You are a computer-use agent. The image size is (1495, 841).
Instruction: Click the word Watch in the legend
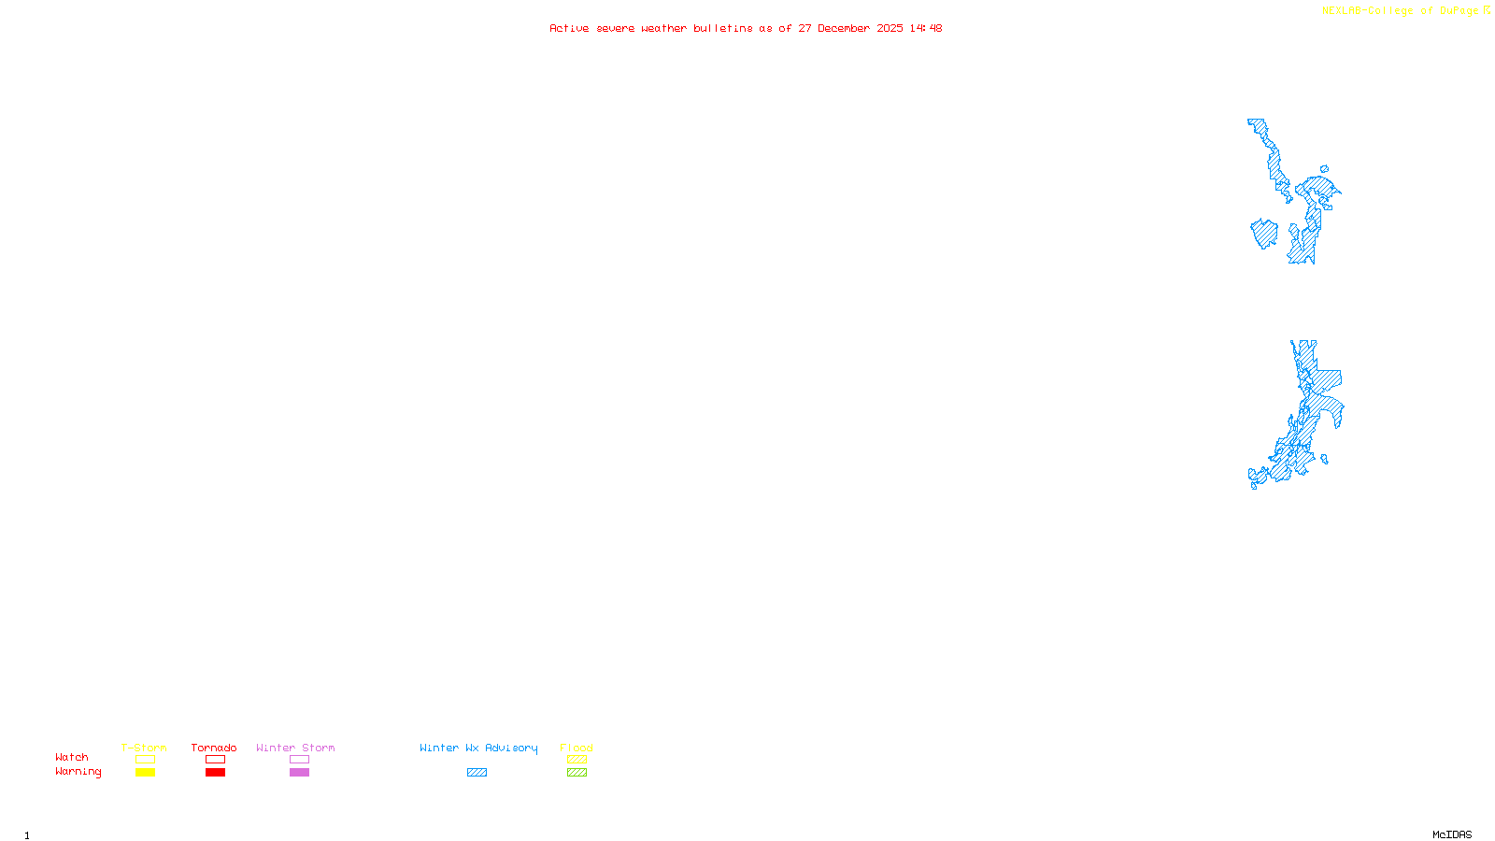coord(72,758)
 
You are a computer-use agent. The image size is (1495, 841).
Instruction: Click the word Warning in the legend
coord(78,772)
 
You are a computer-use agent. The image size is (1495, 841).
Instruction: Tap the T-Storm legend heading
coord(144,748)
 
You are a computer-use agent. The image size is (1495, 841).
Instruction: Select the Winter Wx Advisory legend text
coord(478,748)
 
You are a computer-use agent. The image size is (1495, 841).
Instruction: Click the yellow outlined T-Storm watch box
coord(145,760)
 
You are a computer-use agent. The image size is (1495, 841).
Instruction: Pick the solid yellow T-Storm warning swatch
coord(145,773)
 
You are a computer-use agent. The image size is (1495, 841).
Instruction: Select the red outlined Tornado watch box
coord(215,760)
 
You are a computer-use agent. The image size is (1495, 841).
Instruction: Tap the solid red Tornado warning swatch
coord(215,773)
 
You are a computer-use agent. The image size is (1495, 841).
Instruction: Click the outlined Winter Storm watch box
coord(299,760)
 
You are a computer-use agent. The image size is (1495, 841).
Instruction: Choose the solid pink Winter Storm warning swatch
coord(299,773)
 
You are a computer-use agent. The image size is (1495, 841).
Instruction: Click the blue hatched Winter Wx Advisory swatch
coord(477,773)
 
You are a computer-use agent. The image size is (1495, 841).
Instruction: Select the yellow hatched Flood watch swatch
coord(577,760)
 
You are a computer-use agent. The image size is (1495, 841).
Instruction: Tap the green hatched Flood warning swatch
coord(577,773)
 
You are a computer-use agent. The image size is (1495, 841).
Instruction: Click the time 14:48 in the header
coord(926,29)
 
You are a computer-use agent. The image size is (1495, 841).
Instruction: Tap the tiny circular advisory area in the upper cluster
coord(1324,169)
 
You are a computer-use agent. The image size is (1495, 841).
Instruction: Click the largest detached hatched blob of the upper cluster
coord(1264,234)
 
